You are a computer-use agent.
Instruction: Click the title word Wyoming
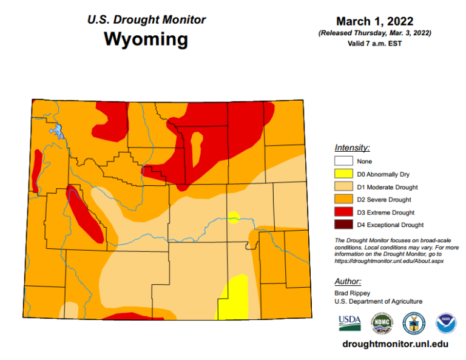146,39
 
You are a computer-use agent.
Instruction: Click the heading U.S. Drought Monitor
146,19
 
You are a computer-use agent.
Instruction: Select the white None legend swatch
343,161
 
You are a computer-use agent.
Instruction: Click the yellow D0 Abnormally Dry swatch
343,174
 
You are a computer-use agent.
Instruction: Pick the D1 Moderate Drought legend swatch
343,187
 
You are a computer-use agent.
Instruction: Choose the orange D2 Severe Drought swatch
343,200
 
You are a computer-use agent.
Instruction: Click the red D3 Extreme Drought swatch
343,212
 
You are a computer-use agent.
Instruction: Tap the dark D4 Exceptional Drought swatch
343,225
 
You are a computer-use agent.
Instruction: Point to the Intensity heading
352,148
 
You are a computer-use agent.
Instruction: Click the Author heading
348,281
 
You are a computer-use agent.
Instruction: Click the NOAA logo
446,323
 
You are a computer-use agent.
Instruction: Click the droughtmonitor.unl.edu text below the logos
395,344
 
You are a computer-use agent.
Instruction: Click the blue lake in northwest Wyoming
56,131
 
